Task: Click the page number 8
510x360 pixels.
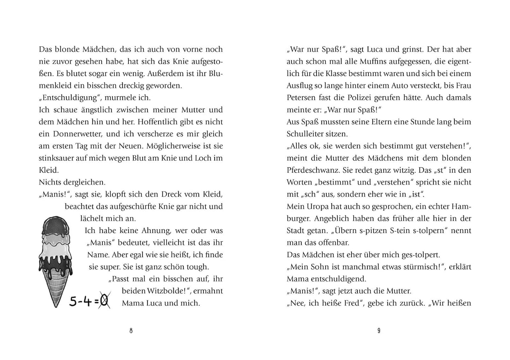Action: (131, 331)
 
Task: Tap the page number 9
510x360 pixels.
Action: (379, 331)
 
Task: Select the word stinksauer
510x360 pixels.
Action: (58, 158)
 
